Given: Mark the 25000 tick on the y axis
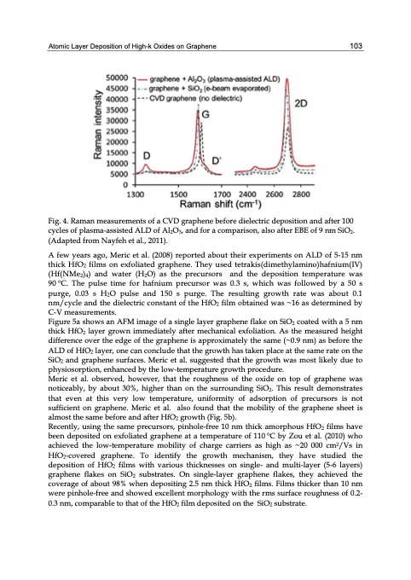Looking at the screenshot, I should tap(116, 130).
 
